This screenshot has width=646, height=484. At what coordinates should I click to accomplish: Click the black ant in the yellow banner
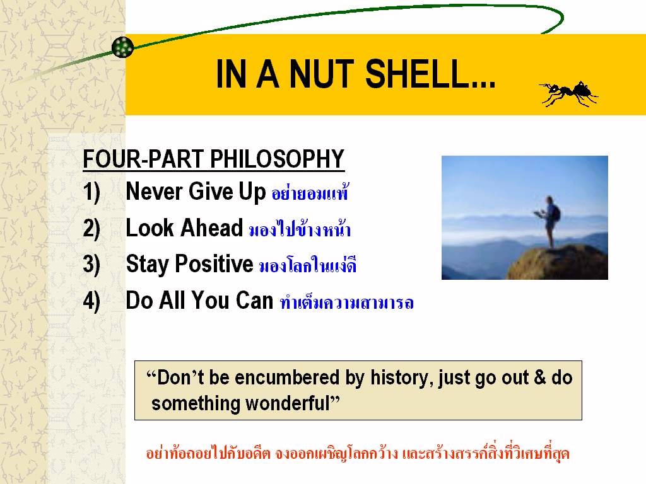[x=568, y=93]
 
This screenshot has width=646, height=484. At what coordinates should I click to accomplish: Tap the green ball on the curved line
[x=123, y=47]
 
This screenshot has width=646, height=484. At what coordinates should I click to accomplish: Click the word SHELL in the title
[x=430, y=74]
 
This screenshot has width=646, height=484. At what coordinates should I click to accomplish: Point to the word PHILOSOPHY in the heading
[x=277, y=159]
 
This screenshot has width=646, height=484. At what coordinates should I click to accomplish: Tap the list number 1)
[x=91, y=193]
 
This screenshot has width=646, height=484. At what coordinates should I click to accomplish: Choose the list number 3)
[x=91, y=265]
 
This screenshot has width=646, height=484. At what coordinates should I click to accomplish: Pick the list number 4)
[x=91, y=301]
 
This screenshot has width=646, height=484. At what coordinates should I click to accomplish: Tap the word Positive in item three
[x=214, y=264]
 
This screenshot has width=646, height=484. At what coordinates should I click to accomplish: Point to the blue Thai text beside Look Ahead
[x=300, y=229]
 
